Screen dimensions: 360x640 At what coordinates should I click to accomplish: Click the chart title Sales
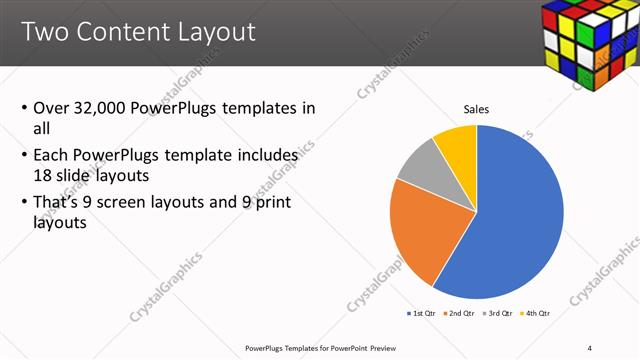[x=476, y=109]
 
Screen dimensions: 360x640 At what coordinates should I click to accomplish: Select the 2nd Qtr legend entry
[x=459, y=313]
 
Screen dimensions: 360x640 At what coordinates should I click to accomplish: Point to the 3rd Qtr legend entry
[x=497, y=313]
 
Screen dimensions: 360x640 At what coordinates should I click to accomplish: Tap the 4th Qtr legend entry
[x=535, y=313]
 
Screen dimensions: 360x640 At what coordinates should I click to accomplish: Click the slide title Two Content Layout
[x=138, y=32]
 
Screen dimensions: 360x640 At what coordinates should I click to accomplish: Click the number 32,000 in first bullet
[x=108, y=108]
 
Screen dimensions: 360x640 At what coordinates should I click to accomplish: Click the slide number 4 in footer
[x=590, y=348]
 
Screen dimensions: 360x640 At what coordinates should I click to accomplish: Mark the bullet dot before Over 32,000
[x=24, y=108]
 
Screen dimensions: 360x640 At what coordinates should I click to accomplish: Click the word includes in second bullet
[x=264, y=156]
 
